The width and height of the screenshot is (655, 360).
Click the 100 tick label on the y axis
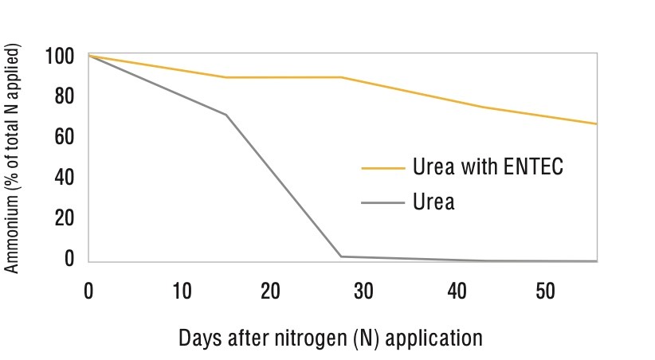coord(60,57)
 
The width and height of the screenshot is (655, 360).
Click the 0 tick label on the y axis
coord(69,259)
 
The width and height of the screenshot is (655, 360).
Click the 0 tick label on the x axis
coord(88,292)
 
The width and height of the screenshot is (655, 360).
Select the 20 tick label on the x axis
coord(272,292)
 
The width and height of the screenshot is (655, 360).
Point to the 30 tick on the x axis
coord(363,292)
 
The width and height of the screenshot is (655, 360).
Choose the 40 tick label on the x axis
coord(455,292)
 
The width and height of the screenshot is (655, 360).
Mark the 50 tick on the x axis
coord(547,292)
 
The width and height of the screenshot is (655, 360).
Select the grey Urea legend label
coord(433,202)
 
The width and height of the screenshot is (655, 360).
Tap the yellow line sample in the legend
coord(382,168)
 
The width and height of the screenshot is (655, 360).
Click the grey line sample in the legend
coord(382,202)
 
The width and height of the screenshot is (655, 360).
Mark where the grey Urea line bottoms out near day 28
coord(341,256)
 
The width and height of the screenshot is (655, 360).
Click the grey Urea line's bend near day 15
coord(226,115)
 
